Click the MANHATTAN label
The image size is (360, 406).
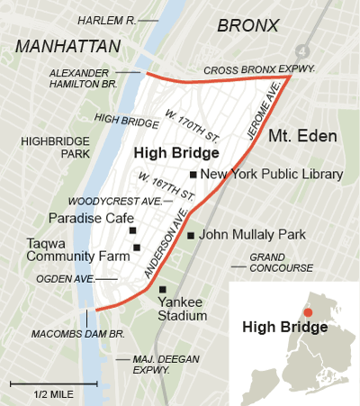click(67, 46)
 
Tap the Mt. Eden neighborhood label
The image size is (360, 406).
click(302, 137)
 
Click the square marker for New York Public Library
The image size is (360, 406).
click(193, 175)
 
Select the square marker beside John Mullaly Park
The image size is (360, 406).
click(190, 236)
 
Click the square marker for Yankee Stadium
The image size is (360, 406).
click(162, 290)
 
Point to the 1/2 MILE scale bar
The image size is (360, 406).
click(41, 384)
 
